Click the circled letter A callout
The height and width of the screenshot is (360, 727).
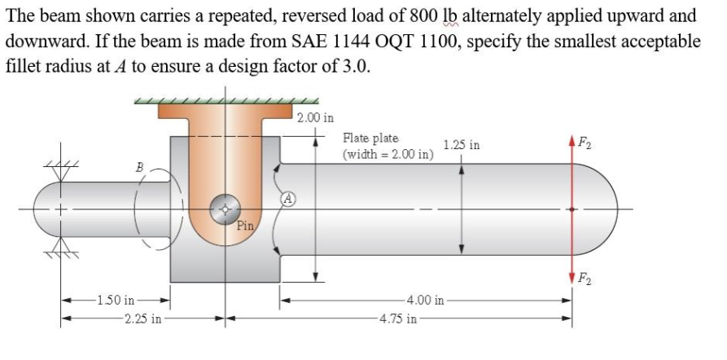288,197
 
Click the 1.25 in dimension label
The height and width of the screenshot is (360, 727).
462,146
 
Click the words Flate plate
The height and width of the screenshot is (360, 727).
371,139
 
